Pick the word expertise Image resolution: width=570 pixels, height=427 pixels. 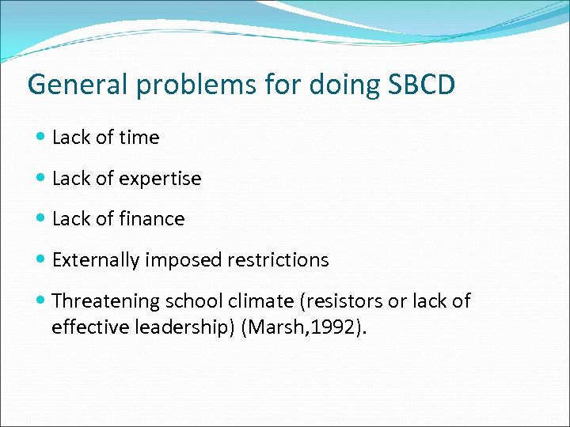click(x=161, y=179)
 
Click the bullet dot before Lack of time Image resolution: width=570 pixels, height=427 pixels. click(x=41, y=138)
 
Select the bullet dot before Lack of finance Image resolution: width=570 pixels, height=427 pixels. click(x=41, y=219)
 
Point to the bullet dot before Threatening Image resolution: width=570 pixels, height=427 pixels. click(x=41, y=301)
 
